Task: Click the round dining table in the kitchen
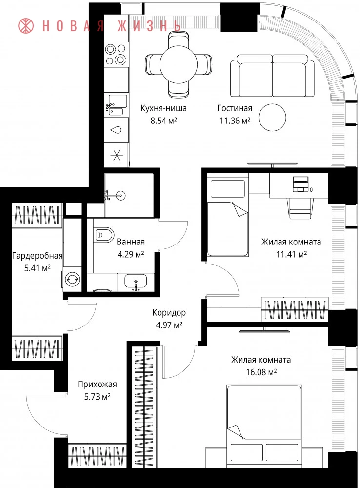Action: (x=179, y=64)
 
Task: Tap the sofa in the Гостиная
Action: (x=273, y=76)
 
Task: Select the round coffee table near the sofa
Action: (x=272, y=118)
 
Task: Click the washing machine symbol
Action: (x=72, y=279)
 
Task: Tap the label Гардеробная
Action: (x=38, y=256)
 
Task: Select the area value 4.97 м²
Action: (x=169, y=325)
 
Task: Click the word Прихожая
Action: (x=98, y=384)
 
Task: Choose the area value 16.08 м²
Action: (x=261, y=372)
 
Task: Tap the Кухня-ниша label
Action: (x=164, y=108)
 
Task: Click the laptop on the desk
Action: (x=301, y=184)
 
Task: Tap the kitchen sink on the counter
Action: (x=116, y=105)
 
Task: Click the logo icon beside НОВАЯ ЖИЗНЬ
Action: (x=26, y=25)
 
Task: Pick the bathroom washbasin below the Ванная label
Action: (x=136, y=282)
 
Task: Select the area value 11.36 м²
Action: (x=235, y=121)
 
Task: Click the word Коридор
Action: (x=169, y=312)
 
